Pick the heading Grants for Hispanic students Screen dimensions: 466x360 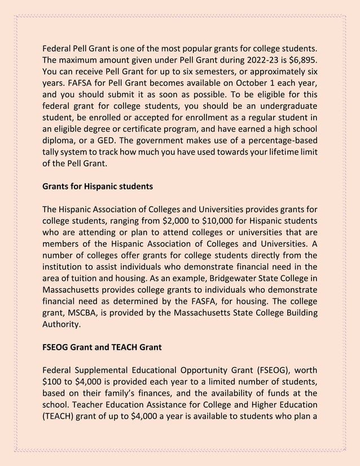coord(98,185)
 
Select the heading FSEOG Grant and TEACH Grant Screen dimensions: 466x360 coord(102,347)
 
